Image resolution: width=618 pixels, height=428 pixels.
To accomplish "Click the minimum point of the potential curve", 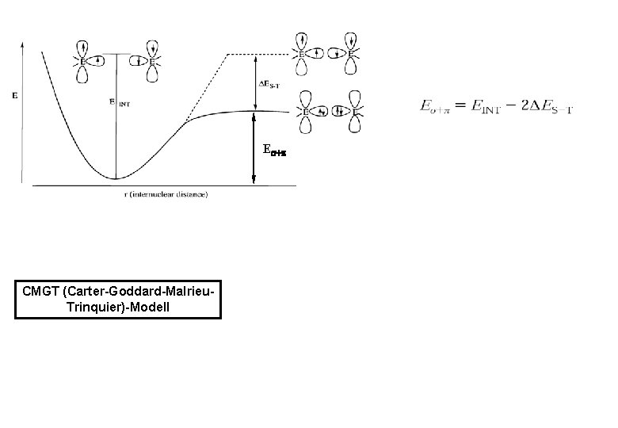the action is (116, 178).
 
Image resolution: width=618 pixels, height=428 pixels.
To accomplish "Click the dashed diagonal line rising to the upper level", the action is (208, 86).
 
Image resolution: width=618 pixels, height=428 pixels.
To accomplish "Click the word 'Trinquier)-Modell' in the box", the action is (118, 305).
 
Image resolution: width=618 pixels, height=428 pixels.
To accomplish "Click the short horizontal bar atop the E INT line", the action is (117, 54).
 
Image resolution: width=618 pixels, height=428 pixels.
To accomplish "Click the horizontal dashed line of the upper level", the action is (258, 54).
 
